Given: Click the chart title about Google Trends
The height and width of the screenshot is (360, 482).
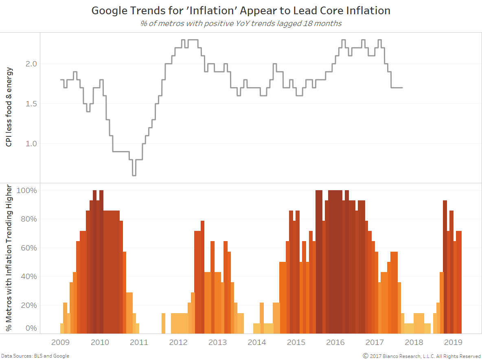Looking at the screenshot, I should click(241, 11).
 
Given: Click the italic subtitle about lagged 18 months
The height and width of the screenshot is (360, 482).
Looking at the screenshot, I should click(241, 23).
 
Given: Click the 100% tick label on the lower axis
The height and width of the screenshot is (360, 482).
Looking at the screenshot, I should click(27, 191).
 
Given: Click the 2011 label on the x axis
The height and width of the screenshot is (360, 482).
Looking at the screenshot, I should click(139, 342).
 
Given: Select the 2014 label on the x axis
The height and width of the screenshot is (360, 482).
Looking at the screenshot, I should click(257, 342).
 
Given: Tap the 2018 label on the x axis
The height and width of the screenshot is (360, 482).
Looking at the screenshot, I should click(414, 342).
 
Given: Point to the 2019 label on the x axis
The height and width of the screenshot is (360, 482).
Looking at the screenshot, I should click(453, 342).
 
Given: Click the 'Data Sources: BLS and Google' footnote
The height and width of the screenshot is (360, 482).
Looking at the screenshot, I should click(35, 356).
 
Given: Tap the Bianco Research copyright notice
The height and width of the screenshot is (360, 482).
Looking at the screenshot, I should click(422, 356).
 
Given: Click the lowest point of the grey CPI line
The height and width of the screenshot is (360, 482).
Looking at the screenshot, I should click(134, 175).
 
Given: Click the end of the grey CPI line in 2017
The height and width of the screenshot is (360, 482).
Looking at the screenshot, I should click(402, 88).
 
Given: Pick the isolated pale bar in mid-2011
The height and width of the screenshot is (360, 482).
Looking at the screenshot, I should click(163, 323).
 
